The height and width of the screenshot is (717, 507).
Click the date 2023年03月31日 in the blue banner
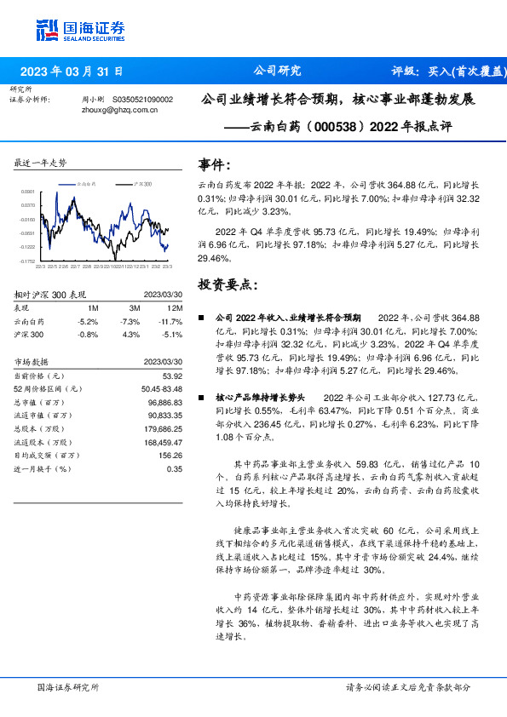pyautogui.click(x=72, y=72)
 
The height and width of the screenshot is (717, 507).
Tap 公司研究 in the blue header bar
pyautogui.click(x=277, y=72)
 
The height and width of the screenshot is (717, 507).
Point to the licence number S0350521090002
pyautogui.click(x=142, y=100)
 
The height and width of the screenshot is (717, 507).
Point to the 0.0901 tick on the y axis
pyautogui.click(x=28, y=192)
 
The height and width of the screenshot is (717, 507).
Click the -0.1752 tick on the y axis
pyautogui.click(x=28, y=261)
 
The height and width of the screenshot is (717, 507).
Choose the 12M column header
pyautogui.click(x=176, y=307)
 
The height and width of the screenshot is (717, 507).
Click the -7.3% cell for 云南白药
pyautogui.click(x=130, y=321)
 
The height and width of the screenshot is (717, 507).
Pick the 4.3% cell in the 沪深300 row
pyautogui.click(x=131, y=334)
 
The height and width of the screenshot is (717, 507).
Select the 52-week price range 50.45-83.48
pyautogui.click(x=158, y=388)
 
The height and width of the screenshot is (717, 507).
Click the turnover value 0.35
pyautogui.click(x=175, y=468)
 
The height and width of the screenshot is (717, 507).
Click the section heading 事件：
pyautogui.click(x=214, y=164)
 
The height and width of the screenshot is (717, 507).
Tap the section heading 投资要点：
pyautogui.click(x=227, y=284)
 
